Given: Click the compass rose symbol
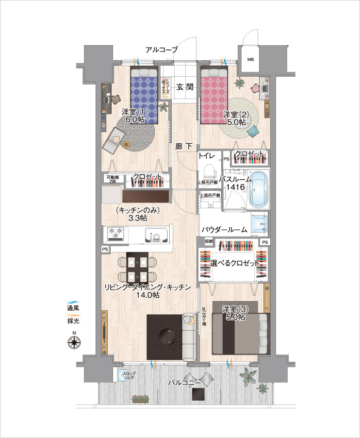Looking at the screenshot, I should [x=74, y=342].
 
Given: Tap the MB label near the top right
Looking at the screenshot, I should [x=250, y=60].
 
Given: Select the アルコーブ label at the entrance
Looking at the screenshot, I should [x=162, y=50].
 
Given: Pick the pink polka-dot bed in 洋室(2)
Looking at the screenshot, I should [x=215, y=96].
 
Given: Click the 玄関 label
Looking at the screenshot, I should [x=185, y=87].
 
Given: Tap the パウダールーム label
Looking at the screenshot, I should [x=224, y=230].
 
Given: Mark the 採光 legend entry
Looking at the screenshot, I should [x=74, y=321].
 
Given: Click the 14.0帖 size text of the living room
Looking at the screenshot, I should [x=147, y=295].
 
